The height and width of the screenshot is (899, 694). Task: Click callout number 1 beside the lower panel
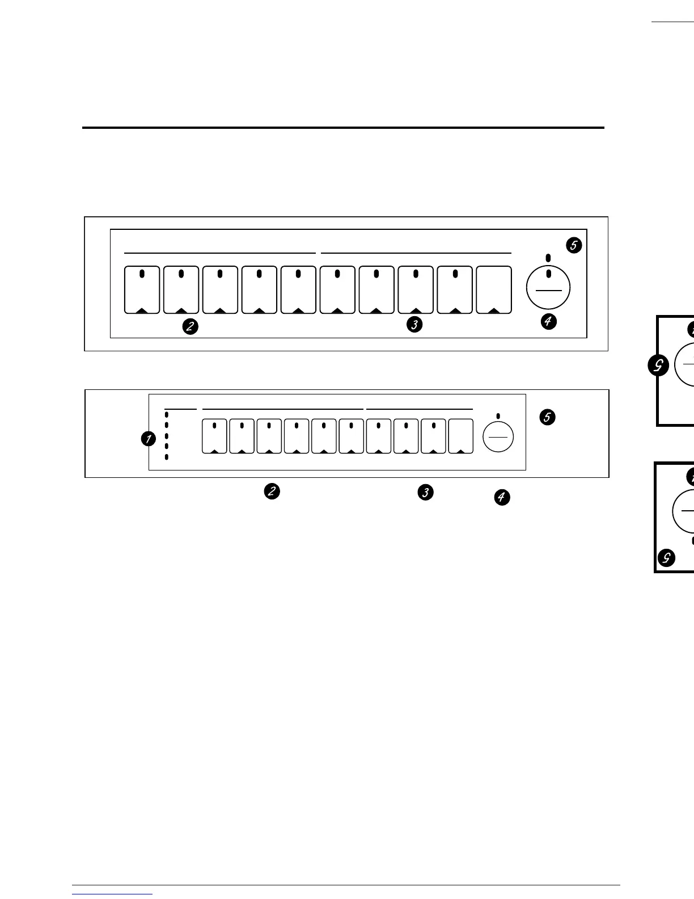click(148, 439)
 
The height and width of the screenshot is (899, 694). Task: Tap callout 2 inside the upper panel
click(190, 326)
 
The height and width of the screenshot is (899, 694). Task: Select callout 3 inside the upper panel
click(415, 325)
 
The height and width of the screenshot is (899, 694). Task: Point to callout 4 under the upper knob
click(548, 322)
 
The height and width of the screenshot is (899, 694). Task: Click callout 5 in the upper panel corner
click(574, 245)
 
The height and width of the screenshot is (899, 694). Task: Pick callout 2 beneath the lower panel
click(272, 491)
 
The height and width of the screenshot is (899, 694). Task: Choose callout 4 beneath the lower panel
click(502, 498)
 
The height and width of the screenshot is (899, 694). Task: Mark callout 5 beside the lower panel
click(548, 417)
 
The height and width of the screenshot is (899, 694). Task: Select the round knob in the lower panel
click(498, 437)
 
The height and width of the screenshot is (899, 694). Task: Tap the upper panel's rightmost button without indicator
click(494, 290)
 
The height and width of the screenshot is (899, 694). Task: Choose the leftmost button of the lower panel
click(214, 436)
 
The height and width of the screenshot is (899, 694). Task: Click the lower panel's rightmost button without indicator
click(460, 436)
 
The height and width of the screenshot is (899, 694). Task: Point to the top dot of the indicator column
click(167, 415)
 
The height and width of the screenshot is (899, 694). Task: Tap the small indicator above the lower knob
click(498, 415)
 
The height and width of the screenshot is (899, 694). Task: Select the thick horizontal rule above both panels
click(343, 128)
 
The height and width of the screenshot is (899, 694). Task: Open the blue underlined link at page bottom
click(112, 894)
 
